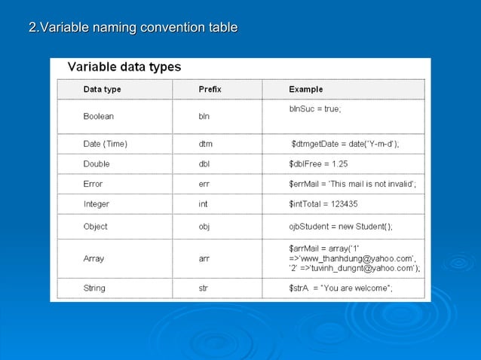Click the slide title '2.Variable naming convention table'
click(133, 29)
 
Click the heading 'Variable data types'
click(124, 67)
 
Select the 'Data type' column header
click(102, 90)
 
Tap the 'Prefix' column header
click(210, 90)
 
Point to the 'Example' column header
click(306, 90)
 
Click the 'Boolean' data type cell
click(99, 117)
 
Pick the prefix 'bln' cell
click(204, 117)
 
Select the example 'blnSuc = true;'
click(315, 109)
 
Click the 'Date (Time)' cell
click(106, 143)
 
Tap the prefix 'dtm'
click(206, 143)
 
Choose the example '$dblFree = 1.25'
click(318, 163)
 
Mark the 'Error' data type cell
click(93, 184)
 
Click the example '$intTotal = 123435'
click(323, 204)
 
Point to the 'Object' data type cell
click(95, 226)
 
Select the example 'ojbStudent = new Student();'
click(340, 226)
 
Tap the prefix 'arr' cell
click(204, 258)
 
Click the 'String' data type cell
click(94, 288)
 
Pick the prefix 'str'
click(203, 288)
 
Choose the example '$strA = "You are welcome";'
click(340, 288)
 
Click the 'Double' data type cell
click(97, 163)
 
